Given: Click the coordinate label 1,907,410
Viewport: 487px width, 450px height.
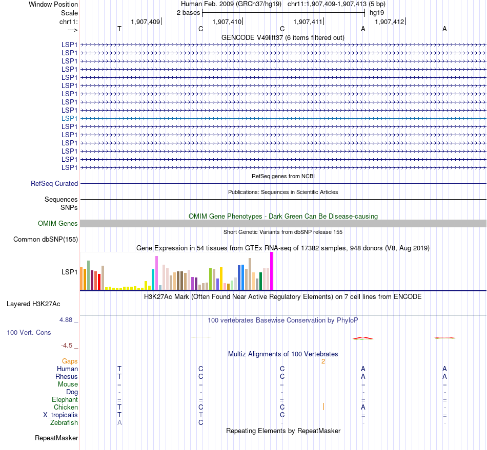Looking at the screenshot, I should [x=226, y=22].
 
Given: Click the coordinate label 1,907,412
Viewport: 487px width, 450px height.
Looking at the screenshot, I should [x=389, y=22].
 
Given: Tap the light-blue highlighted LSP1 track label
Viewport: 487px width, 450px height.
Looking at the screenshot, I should [x=69, y=118].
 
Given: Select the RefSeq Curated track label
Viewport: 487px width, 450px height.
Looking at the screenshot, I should [x=54, y=183].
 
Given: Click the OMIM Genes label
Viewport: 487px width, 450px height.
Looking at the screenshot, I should [x=58, y=223].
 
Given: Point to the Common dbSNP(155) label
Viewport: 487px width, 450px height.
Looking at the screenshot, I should [x=46, y=239].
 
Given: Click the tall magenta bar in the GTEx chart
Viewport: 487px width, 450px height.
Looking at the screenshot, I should [x=271, y=271].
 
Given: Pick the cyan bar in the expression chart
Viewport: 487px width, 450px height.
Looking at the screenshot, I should [x=153, y=279].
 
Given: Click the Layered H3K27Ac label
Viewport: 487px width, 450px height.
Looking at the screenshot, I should [x=33, y=304].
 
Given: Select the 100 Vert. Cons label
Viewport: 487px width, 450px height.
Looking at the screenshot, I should [x=29, y=333].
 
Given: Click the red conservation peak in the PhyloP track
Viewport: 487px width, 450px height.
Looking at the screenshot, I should [x=363, y=337].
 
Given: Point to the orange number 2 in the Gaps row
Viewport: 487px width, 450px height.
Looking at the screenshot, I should [x=323, y=361].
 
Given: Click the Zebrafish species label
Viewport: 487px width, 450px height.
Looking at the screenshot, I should [x=64, y=422].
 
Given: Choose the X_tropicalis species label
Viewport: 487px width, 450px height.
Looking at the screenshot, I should [x=60, y=415].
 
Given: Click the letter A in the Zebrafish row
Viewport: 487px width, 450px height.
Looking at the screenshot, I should [x=119, y=422].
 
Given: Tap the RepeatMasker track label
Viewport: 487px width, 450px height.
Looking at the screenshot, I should [x=56, y=438].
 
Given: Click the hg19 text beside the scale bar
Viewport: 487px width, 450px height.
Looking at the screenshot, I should [x=377, y=12].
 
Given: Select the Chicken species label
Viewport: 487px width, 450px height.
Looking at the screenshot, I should [x=66, y=407].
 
